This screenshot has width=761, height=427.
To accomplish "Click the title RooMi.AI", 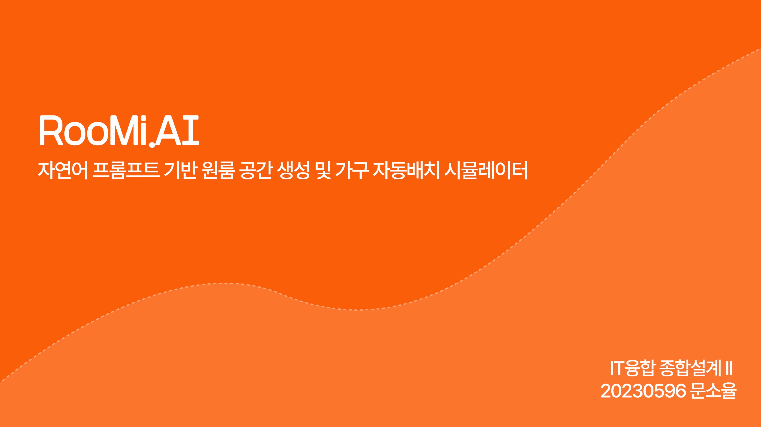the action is coord(119,131).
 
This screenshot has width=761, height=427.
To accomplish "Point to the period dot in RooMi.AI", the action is coord(152,144).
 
